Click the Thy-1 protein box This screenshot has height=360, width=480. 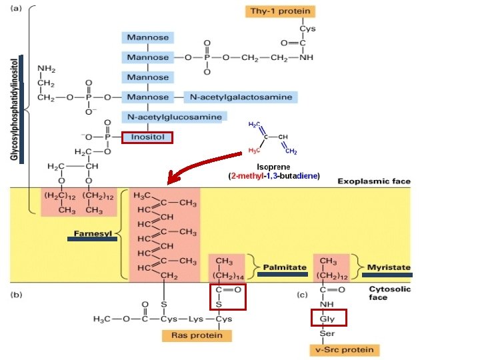tap(280, 11)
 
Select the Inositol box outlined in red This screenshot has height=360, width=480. tap(147, 138)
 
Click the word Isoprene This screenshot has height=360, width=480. tap(273, 166)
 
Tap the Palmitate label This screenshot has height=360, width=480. tap(285, 267)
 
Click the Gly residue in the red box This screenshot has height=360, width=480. tap(327, 319)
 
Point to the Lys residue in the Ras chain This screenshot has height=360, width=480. tap(195, 319)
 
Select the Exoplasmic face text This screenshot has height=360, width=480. tap(374, 181)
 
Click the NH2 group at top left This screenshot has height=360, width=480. tap(47, 68)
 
